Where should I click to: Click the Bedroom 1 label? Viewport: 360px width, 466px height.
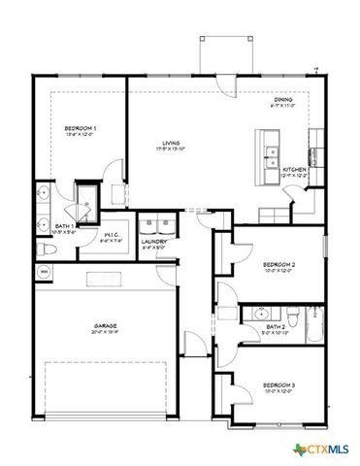80,129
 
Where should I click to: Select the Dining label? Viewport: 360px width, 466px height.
283,101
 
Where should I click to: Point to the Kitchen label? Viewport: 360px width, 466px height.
294,169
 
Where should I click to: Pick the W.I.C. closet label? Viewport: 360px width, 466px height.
112,236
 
